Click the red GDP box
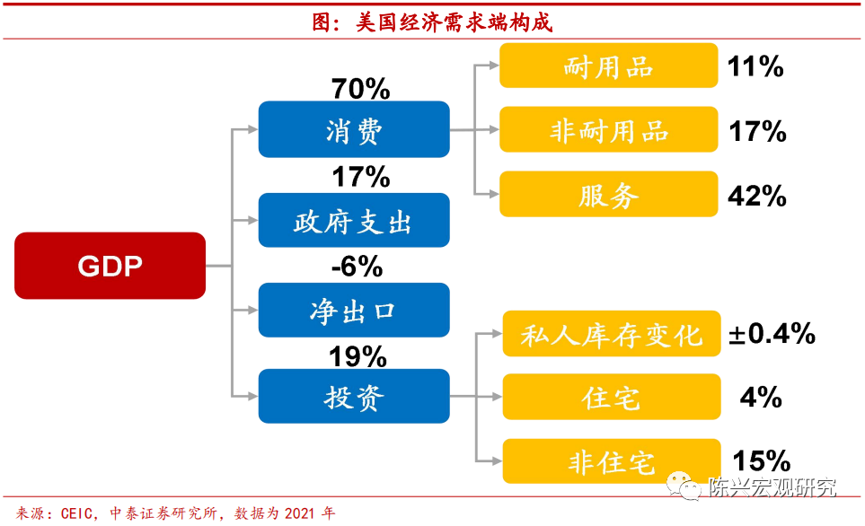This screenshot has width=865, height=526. point(110,266)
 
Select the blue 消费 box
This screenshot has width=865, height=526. point(354,129)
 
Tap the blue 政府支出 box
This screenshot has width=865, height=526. point(354,220)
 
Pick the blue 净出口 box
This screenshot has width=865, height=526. point(354,310)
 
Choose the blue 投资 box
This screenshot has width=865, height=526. point(354,396)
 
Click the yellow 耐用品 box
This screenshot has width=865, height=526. point(608,66)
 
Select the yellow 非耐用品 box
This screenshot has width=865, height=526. point(608,129)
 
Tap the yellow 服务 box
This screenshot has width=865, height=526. point(608,194)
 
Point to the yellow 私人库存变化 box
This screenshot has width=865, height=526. point(611,334)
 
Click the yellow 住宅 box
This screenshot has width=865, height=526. point(611,397)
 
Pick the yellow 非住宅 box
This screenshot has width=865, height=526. point(611,461)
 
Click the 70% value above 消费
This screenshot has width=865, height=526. point(361,89)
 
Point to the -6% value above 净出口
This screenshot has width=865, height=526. point(357,267)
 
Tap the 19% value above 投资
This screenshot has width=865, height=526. point(357,356)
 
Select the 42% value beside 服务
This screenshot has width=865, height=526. point(757,196)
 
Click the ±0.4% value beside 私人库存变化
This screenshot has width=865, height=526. point(772,334)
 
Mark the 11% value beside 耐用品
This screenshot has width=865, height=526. point(755,66)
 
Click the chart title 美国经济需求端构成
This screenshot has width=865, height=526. point(454,22)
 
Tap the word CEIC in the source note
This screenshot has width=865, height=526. point(76,513)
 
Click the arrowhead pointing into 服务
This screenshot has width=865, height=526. point(494,194)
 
